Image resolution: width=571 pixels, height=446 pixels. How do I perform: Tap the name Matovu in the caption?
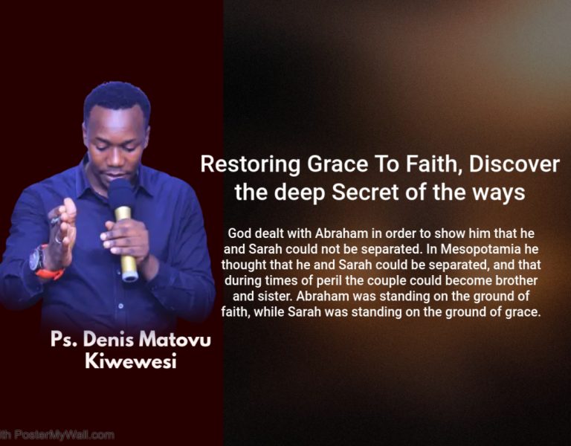point(172,341)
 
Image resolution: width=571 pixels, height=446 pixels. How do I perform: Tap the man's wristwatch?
point(36,259)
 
